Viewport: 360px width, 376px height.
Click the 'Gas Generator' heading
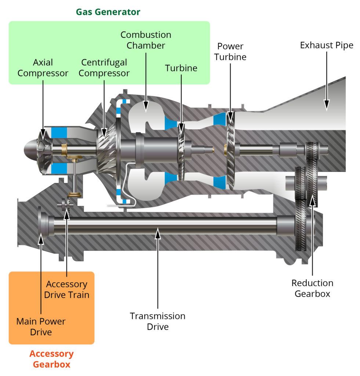point(108,12)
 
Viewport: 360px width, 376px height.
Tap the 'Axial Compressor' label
point(43,68)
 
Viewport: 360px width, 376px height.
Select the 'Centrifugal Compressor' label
point(104,68)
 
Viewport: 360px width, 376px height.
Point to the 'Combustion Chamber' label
point(146,40)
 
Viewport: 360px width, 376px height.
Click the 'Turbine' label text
point(181,68)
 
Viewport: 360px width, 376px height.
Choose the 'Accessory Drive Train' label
point(67,289)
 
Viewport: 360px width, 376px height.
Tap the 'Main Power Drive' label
point(41,327)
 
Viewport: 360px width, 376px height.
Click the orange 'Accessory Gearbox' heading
point(51,359)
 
